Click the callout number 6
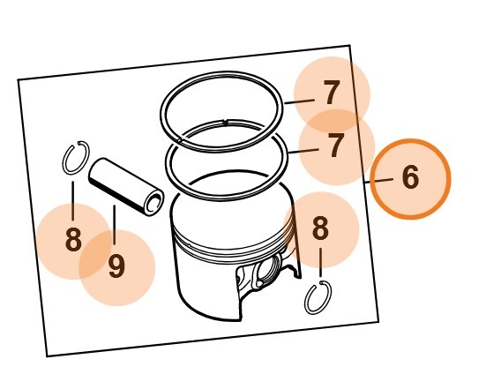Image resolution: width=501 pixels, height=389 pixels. (x=410, y=178)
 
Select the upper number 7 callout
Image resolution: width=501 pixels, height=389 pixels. (x=331, y=94)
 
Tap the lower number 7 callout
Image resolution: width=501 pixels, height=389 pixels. (x=336, y=146)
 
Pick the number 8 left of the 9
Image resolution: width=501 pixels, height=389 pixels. (x=73, y=240)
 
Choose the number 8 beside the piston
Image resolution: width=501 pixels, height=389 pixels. (x=320, y=229)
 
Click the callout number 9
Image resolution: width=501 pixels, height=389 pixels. (x=116, y=266)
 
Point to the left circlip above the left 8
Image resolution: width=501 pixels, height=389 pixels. (x=74, y=159)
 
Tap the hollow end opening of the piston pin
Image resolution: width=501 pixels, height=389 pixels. (x=153, y=204)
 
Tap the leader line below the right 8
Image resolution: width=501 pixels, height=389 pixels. (x=320, y=262)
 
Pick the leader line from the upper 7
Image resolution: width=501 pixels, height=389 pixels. (x=299, y=101)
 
